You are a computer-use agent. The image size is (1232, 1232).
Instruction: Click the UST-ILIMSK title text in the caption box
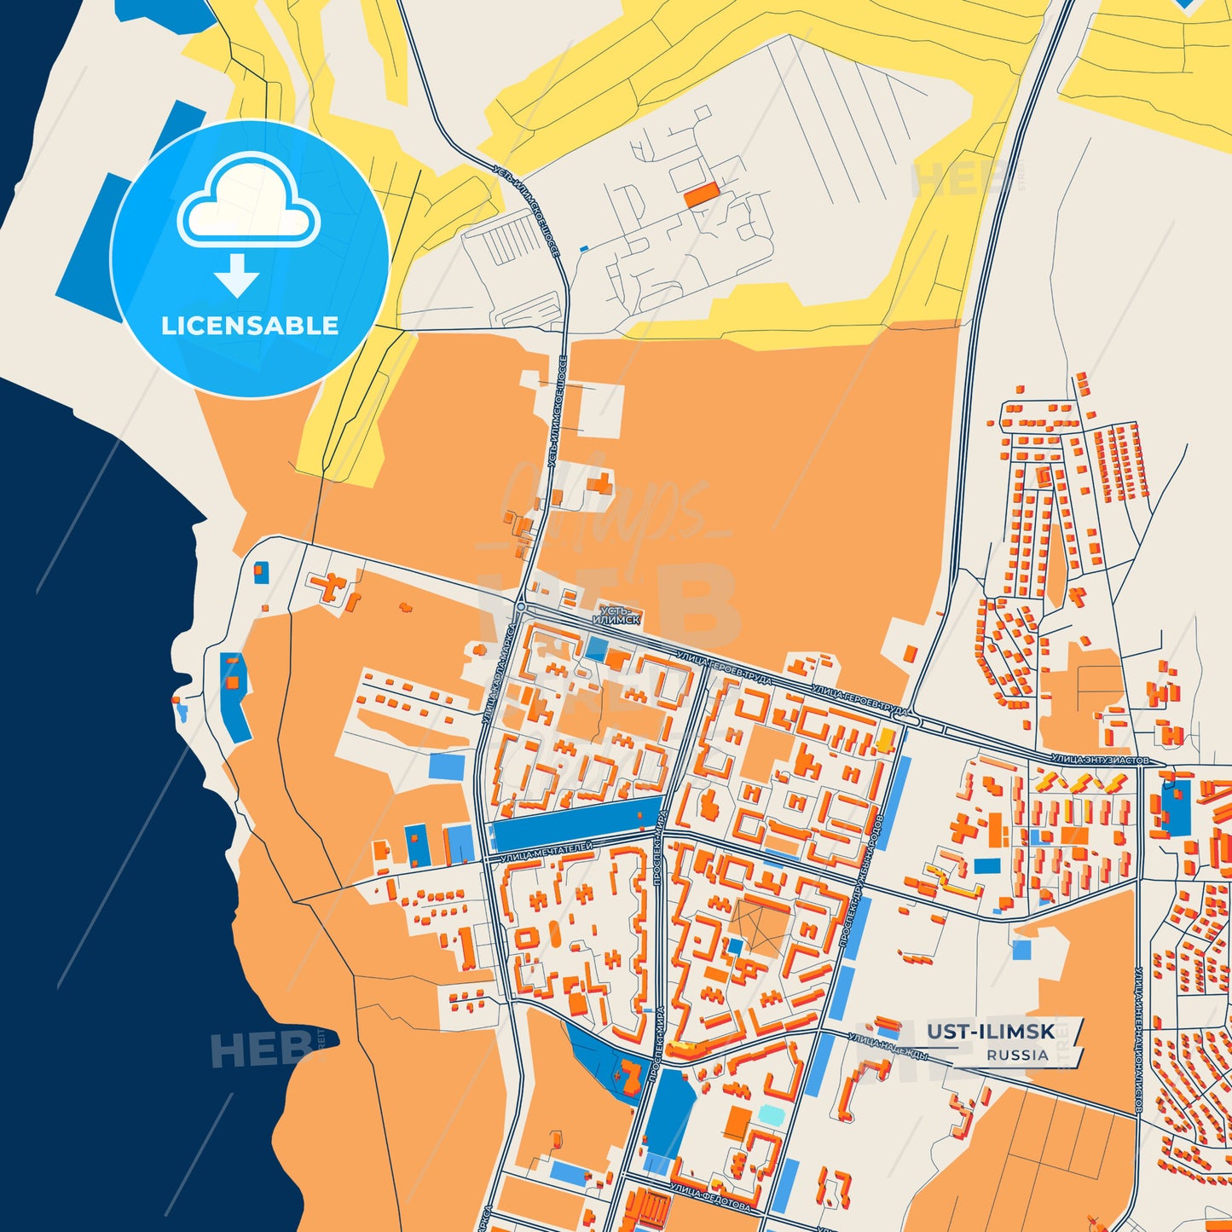click(x=991, y=1032)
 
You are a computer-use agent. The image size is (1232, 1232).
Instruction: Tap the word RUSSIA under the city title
click(x=1017, y=1055)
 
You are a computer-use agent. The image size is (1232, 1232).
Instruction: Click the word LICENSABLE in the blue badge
click(x=250, y=326)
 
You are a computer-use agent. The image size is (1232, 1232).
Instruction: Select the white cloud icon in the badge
click(x=248, y=205)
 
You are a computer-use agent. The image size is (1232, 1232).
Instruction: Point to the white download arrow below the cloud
click(x=237, y=275)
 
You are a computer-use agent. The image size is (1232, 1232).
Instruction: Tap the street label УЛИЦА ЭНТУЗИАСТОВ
click(x=1100, y=759)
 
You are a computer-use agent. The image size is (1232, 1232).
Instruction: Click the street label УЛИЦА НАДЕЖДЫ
click(x=888, y=1045)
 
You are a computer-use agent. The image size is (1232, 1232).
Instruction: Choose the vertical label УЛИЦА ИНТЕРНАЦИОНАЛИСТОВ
click(x=1139, y=1040)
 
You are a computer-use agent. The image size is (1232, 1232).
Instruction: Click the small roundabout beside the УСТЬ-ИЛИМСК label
click(x=520, y=607)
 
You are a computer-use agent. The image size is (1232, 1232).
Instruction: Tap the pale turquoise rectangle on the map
click(x=770, y=1114)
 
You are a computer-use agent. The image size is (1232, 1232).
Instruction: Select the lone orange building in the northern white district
click(x=701, y=196)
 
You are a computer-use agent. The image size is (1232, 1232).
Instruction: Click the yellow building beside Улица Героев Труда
click(x=887, y=739)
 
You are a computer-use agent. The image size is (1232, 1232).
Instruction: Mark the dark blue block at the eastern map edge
click(x=1177, y=807)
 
